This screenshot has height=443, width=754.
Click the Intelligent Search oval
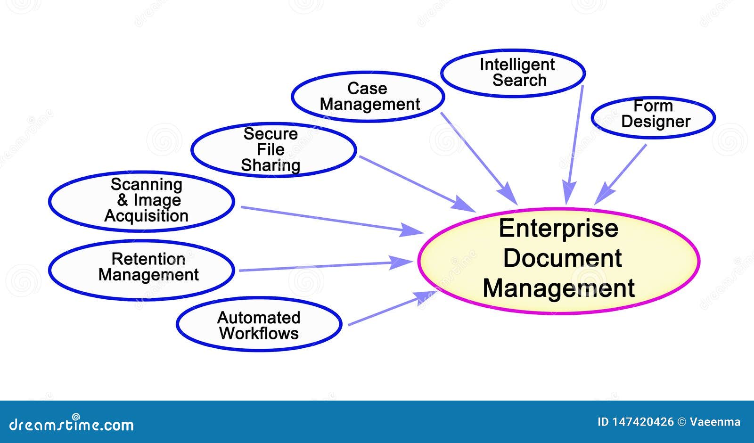click(x=513, y=73)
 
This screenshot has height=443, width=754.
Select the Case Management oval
click(x=368, y=97)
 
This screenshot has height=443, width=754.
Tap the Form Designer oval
click(x=653, y=117)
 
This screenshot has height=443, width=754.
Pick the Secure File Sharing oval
click(x=273, y=149)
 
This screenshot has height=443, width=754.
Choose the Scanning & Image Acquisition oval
click(x=141, y=201)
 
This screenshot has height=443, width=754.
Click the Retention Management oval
click(x=141, y=270)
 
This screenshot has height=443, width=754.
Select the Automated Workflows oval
click(x=259, y=324)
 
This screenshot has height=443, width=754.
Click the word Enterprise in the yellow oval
click(x=558, y=229)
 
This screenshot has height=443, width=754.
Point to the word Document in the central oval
click(x=562, y=258)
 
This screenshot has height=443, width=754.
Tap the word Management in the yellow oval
click(x=558, y=288)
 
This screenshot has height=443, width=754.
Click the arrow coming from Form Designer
click(x=621, y=174)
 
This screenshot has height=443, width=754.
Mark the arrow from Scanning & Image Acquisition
click(x=330, y=220)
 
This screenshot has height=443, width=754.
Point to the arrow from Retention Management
click(x=325, y=266)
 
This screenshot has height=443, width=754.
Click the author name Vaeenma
click(x=715, y=422)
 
